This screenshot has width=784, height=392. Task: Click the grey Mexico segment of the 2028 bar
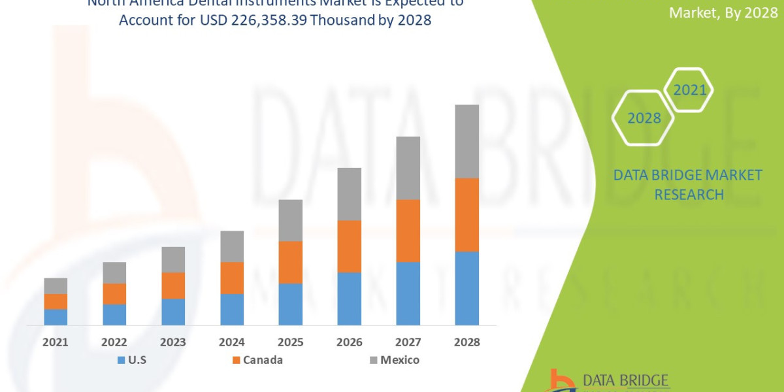466,141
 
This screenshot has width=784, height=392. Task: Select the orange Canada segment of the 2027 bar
408,231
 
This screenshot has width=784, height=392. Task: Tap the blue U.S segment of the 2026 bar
349,299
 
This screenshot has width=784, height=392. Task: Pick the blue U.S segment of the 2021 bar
56,317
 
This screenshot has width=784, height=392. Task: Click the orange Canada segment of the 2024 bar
232,278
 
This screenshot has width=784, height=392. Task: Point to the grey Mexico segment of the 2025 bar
290,220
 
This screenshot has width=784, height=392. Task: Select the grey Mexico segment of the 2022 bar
114,272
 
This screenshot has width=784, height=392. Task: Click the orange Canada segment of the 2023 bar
173,286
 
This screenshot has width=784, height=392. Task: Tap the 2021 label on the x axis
56,342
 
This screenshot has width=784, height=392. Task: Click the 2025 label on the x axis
290,342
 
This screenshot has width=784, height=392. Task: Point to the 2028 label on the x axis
466,342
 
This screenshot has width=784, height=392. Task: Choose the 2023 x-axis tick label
173,342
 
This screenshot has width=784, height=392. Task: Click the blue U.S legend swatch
121,360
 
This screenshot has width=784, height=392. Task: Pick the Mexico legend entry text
400,360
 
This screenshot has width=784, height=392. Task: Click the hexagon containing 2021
690,90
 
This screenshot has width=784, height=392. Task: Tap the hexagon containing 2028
644,118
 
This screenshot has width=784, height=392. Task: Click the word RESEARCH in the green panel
689,195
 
